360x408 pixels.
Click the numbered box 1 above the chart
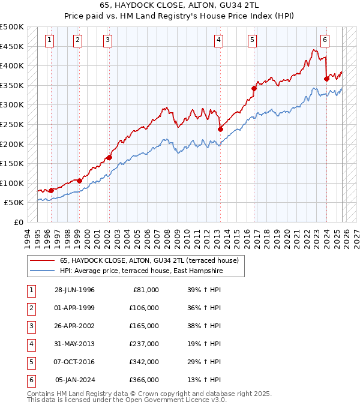click(x=49, y=40)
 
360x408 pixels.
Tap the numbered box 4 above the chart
click(x=218, y=40)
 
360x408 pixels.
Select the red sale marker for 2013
click(x=220, y=129)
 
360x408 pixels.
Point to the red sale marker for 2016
click(x=254, y=88)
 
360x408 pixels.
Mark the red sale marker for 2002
click(x=109, y=157)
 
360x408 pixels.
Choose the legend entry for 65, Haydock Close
click(x=149, y=260)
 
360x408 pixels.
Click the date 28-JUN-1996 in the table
click(x=74, y=290)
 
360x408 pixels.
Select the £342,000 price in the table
click(x=144, y=362)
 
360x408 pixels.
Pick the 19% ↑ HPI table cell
click(x=200, y=344)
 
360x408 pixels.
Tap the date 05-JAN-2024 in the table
click(x=74, y=380)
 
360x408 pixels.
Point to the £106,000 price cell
click(x=144, y=308)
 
